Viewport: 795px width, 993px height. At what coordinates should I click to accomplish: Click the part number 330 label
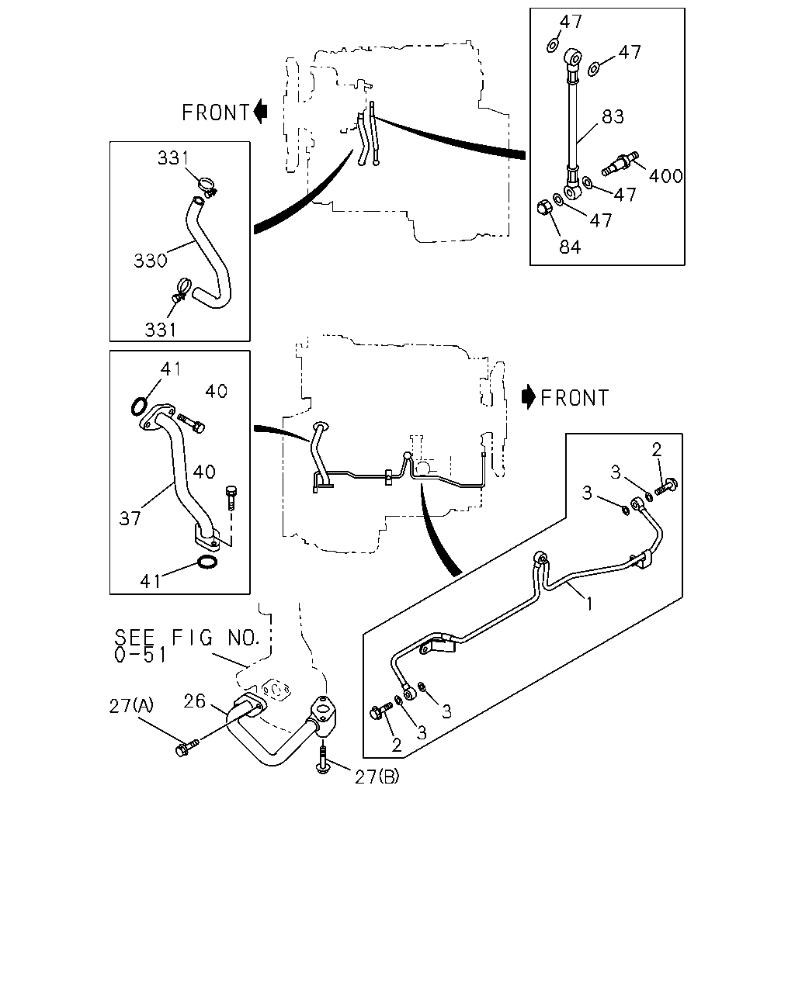(150, 261)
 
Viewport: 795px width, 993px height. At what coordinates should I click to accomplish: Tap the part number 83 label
(613, 116)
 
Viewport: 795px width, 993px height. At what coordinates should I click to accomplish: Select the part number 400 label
(665, 176)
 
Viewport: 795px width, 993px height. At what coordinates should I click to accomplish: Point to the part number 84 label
(570, 247)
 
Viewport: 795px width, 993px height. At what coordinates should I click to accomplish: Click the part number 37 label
(130, 519)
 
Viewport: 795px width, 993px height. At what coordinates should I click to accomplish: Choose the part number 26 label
(194, 701)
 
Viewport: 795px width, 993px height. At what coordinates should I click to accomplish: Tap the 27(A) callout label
(131, 706)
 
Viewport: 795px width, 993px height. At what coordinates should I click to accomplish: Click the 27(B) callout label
(377, 777)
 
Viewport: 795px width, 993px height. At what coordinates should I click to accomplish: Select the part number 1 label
(589, 604)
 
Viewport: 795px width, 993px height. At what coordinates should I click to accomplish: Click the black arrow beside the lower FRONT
(528, 397)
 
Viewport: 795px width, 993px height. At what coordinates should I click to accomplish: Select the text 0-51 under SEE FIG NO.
(140, 655)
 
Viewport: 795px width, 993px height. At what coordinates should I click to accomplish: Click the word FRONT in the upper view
(216, 112)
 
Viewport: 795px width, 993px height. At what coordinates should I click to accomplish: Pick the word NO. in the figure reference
(244, 638)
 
